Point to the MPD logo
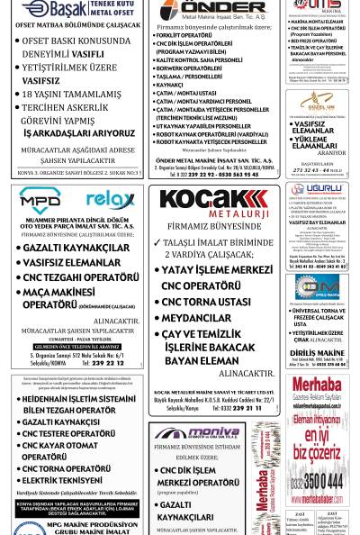(40, 199)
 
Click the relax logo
(110, 199)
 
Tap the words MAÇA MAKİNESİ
(60, 292)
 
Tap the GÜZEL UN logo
(317, 102)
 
